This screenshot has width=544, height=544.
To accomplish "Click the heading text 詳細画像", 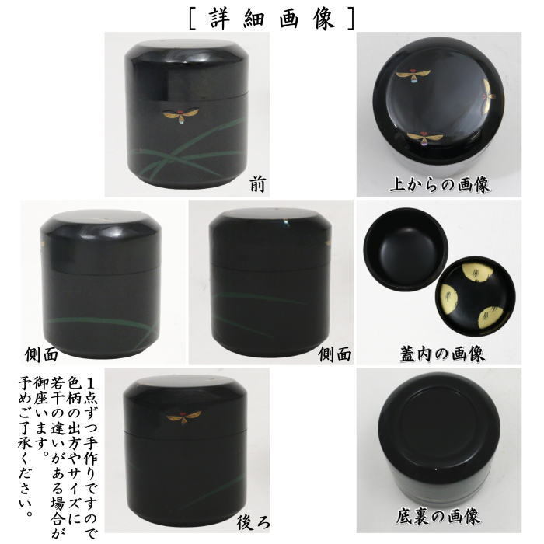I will click(271, 16).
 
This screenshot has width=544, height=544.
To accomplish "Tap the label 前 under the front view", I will click(257, 184).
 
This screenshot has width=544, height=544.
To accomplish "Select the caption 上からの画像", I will click(439, 185).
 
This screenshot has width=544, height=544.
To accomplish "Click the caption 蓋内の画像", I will click(439, 354).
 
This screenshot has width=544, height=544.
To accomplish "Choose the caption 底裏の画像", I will click(439, 515).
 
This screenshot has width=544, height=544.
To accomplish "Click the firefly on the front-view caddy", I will click(180, 115).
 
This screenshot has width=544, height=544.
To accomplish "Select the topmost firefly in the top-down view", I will click(413, 75).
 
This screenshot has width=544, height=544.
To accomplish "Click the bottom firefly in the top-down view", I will click(425, 138).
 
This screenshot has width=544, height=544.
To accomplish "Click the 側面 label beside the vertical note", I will click(42, 354).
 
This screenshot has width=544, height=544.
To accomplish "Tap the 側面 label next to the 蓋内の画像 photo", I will click(335, 354).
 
